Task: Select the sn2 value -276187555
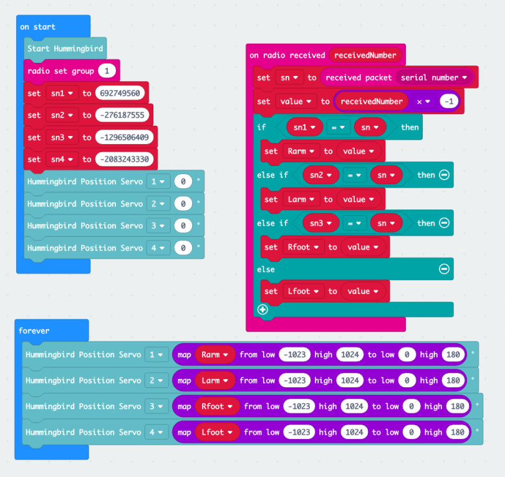coord(122,115)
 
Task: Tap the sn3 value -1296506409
coord(125,137)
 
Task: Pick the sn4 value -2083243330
coord(125,159)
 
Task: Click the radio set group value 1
coord(107,70)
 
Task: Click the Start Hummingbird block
coord(65,49)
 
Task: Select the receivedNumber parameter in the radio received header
coord(365,55)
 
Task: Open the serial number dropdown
coord(434,77)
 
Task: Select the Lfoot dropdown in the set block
coord(303,291)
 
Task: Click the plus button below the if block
coord(262,309)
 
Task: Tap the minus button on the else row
coord(444,269)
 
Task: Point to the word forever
coord(34,330)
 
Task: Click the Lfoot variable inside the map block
coord(217,432)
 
